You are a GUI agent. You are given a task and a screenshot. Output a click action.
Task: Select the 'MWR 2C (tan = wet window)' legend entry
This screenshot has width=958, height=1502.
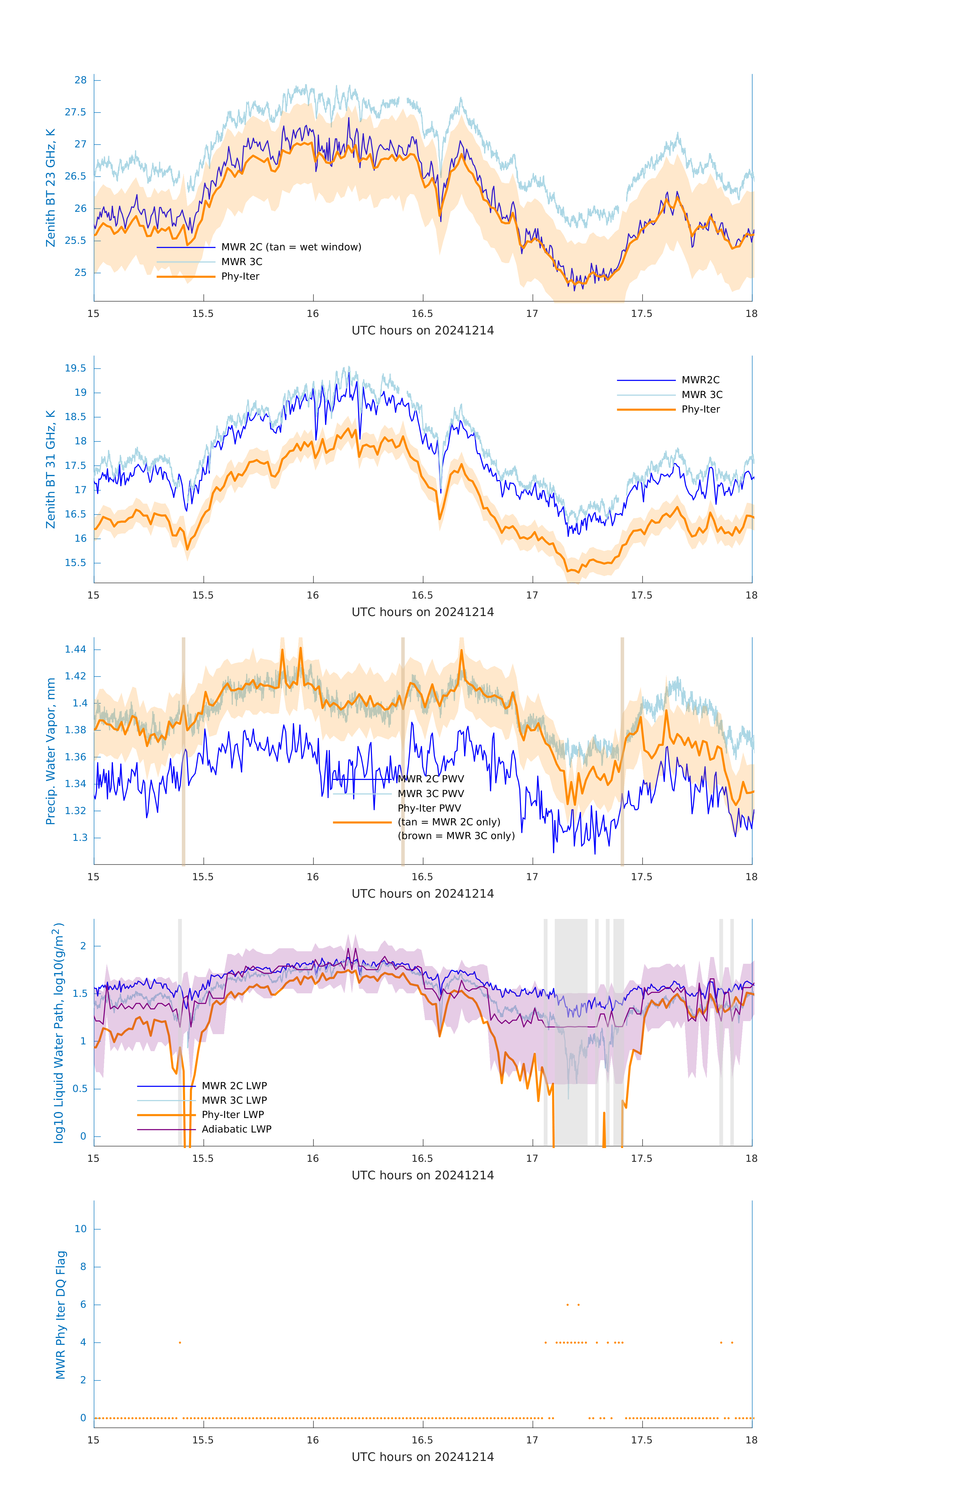(291, 247)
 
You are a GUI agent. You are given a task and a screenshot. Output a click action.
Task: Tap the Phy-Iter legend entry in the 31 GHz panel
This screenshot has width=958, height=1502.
(700, 409)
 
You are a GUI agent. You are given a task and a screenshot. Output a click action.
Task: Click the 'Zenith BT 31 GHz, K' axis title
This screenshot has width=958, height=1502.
(51, 469)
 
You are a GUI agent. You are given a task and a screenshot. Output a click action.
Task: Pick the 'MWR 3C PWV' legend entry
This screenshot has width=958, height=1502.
(431, 793)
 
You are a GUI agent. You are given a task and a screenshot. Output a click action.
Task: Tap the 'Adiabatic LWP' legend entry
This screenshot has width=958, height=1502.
(236, 1129)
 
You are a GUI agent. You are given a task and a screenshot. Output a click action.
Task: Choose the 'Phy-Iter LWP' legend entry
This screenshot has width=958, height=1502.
(233, 1115)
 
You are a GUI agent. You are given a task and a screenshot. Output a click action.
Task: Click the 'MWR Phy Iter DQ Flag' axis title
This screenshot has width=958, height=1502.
(61, 1314)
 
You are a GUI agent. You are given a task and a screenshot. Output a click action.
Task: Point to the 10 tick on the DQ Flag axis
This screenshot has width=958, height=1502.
(80, 1229)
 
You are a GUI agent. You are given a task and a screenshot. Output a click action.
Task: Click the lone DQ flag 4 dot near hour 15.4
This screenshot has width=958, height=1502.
(180, 1342)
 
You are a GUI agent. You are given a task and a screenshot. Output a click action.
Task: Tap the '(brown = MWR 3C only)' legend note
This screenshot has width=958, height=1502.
(456, 836)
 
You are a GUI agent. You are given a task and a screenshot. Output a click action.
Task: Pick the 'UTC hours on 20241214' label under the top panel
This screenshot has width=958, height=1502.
(423, 331)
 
